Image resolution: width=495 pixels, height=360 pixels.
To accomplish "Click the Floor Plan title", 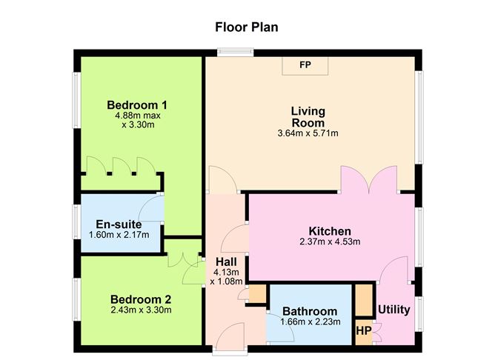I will (x=247, y=27).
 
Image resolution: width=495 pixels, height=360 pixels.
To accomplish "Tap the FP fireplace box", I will (x=305, y=65).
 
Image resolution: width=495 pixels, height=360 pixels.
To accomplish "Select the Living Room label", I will (x=308, y=117).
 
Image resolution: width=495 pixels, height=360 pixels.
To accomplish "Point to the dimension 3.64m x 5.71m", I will (x=308, y=134).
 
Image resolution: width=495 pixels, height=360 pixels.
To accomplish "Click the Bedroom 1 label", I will (x=136, y=104).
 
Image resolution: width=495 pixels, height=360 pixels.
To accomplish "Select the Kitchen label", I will (x=330, y=230).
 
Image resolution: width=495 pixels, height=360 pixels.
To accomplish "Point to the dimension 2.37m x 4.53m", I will (x=330, y=241).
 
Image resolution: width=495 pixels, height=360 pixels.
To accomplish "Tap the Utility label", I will (x=393, y=309).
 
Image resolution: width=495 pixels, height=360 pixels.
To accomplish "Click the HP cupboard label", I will (x=364, y=330).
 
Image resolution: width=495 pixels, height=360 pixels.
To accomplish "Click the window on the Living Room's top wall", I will (x=235, y=51).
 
